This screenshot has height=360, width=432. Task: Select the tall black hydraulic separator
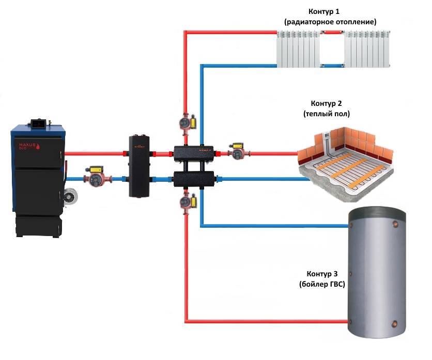point(138,166)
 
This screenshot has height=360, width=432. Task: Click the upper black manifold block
point(195,153)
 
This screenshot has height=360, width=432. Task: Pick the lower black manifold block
point(195,179)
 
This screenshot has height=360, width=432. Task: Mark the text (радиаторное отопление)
point(330,22)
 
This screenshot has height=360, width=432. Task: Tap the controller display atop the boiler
point(38,124)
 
